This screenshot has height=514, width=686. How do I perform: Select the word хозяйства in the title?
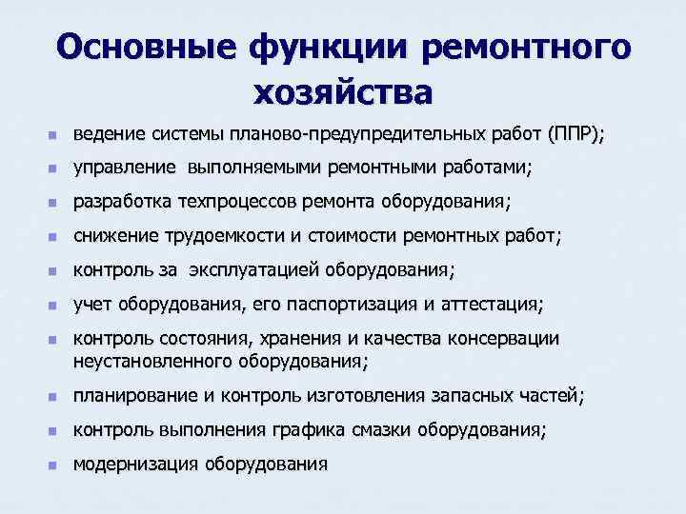(x=343, y=92)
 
